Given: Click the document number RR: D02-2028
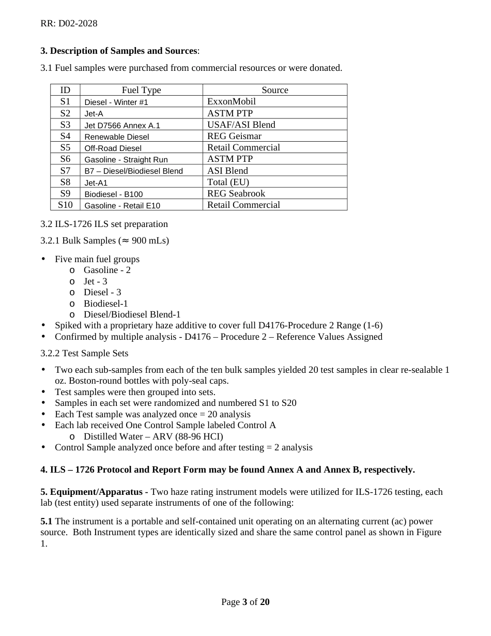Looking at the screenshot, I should click(x=69, y=23).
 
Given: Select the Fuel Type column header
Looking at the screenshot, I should click(x=141, y=90).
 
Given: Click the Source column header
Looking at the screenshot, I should click(x=274, y=90).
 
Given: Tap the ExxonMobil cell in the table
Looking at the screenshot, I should click(x=231, y=101).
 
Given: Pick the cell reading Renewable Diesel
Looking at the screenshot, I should click(x=116, y=137).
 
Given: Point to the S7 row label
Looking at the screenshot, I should click(x=65, y=171).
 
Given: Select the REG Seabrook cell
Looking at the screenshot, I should click(x=236, y=193).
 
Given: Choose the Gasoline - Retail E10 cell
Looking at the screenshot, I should click(x=122, y=205).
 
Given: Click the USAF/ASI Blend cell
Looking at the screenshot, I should click(x=241, y=125).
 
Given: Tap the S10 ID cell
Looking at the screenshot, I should click(x=65, y=205).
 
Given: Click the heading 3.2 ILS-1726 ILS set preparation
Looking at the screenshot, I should click(x=104, y=224).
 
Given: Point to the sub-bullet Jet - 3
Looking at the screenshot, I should click(x=95, y=281).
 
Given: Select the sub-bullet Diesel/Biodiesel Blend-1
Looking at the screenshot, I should click(x=132, y=314).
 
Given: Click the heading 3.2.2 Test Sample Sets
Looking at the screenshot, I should click(x=84, y=353).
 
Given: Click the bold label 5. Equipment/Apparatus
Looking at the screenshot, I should click(x=91, y=492).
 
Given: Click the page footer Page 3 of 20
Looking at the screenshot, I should click(x=245, y=602).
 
